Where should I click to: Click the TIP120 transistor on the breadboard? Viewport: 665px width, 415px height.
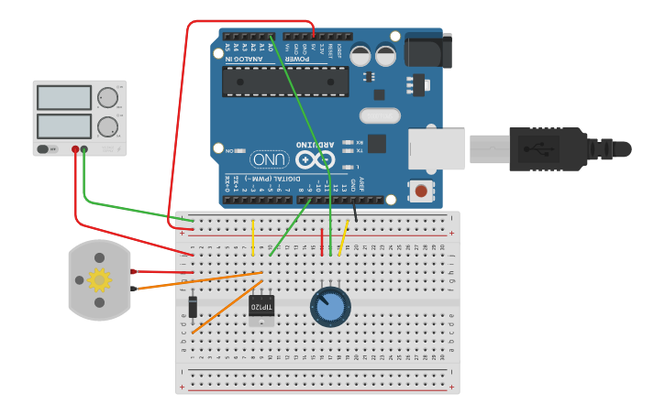[x=261, y=308]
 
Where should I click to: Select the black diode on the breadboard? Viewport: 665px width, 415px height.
[x=193, y=306]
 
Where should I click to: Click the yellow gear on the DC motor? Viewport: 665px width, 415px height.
[x=99, y=279]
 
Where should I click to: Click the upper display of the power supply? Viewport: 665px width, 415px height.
[x=63, y=97]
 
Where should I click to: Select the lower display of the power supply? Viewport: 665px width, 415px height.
[x=63, y=126]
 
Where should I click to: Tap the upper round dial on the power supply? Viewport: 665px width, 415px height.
[x=108, y=97]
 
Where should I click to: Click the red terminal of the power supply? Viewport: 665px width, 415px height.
[x=75, y=148]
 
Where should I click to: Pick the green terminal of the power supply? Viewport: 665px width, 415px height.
[x=84, y=148]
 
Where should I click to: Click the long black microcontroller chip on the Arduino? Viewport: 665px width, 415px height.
[x=285, y=82]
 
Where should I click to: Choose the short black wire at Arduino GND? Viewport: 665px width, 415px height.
[x=355, y=209]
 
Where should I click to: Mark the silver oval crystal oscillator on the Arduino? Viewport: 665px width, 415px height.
[x=380, y=115]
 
